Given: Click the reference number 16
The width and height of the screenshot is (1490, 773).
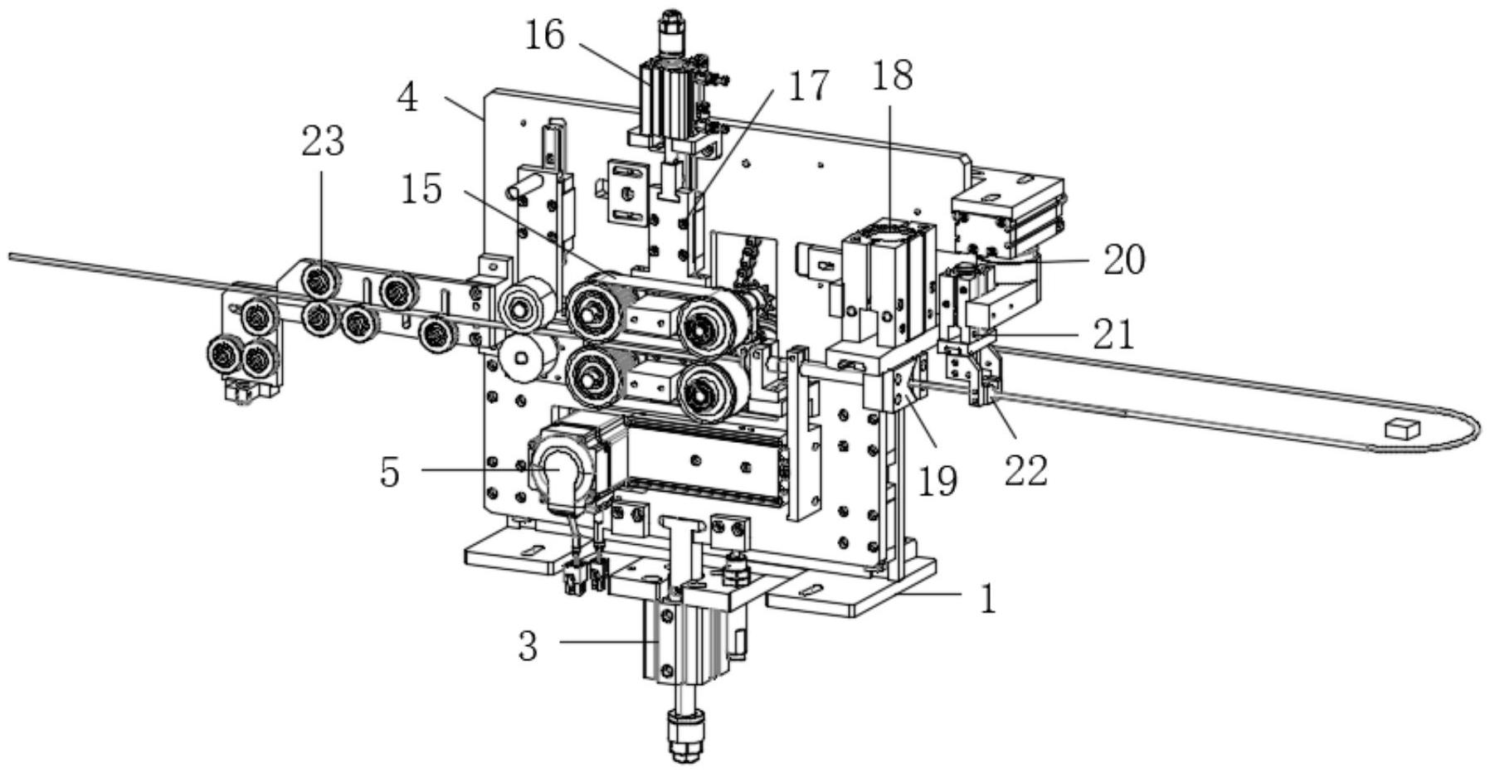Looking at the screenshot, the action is point(545,35).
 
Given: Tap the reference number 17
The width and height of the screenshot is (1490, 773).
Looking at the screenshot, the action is point(808,86).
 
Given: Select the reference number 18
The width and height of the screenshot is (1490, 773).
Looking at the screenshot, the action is point(893,75).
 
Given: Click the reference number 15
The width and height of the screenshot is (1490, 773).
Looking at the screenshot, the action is point(421,190).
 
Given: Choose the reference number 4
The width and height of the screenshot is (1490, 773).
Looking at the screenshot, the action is point(408,99).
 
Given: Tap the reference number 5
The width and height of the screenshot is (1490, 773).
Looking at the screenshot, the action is point(391,473).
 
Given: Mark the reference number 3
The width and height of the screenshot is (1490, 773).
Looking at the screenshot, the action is point(528,646).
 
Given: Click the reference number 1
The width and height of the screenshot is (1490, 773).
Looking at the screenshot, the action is point(987,599).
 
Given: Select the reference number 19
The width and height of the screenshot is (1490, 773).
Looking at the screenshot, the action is point(937,481).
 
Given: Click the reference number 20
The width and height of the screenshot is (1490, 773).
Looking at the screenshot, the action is point(1124,260).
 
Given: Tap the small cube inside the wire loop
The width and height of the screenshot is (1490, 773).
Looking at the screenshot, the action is point(1402,428).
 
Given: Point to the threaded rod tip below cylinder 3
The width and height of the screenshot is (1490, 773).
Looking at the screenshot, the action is point(685,737).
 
